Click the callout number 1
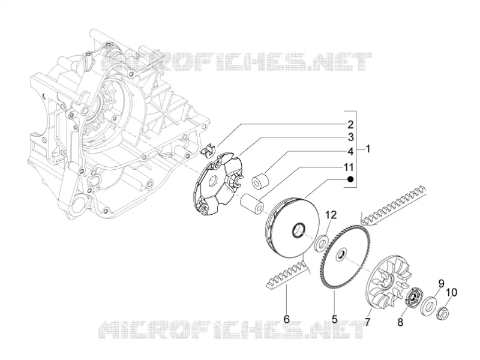coord(368,149)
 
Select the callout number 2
coord(350,125)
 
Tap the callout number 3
coord(350,137)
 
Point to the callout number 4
coord(350,151)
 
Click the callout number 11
coord(349,167)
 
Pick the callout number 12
coord(331,215)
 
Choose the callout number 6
coord(287,319)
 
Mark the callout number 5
coord(335,319)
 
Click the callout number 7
coord(368,322)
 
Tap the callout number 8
coord(400,322)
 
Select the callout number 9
coord(441,283)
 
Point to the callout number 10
coord(452,292)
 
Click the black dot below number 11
coord(350,179)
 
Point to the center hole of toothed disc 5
coord(340,254)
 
